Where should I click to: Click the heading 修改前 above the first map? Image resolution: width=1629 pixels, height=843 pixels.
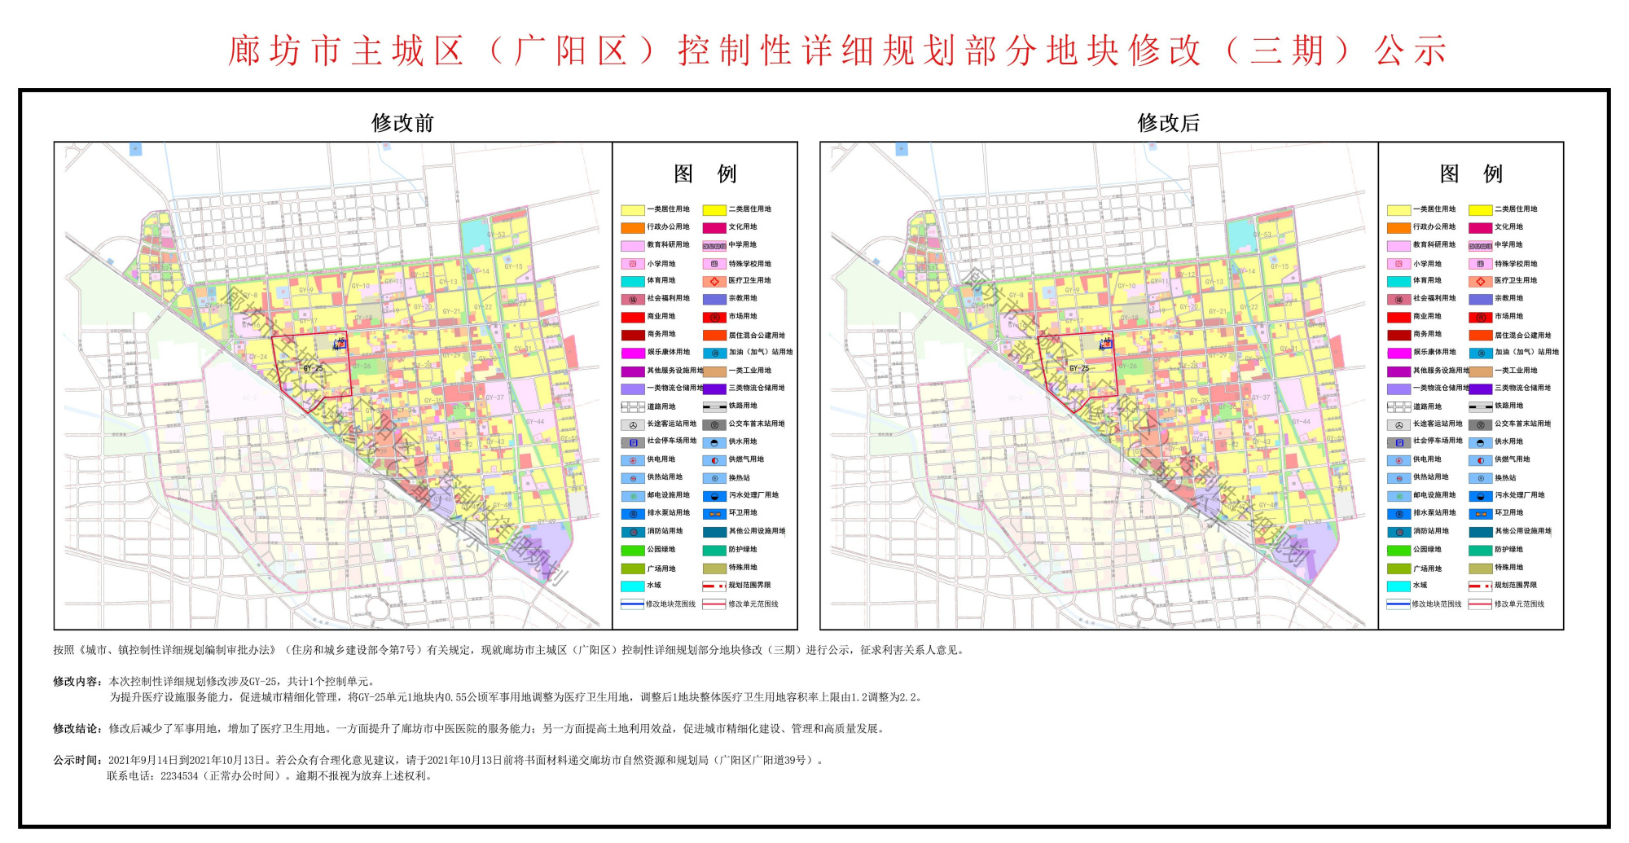click(402, 123)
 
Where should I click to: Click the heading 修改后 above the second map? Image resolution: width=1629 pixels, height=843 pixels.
click(1168, 123)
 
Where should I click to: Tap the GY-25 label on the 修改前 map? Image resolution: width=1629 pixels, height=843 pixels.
click(313, 368)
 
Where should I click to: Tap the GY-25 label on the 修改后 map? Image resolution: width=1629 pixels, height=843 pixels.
click(1079, 368)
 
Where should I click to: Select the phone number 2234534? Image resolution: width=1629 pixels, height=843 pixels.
click(179, 776)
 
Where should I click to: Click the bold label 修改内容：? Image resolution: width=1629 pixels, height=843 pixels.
click(78, 681)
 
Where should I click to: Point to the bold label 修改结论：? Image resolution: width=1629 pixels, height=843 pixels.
click(78, 729)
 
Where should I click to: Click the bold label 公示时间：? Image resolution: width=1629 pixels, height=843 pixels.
click(78, 760)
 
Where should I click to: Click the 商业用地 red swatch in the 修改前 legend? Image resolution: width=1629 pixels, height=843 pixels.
click(633, 317)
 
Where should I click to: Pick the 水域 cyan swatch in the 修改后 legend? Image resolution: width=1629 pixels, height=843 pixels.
click(1398, 586)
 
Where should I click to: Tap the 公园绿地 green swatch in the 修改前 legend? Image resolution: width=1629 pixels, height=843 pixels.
click(633, 550)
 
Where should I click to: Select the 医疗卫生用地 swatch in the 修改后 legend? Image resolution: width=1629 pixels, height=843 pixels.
click(1480, 281)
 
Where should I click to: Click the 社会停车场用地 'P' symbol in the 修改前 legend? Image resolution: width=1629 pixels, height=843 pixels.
click(633, 441)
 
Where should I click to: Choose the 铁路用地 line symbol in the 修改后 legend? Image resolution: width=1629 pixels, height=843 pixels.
click(1480, 406)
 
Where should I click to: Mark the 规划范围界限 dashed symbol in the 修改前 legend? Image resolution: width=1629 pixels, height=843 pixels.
click(714, 586)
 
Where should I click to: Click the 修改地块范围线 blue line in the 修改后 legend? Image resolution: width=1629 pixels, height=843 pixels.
click(1398, 604)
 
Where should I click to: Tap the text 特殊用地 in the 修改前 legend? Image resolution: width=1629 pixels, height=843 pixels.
click(743, 568)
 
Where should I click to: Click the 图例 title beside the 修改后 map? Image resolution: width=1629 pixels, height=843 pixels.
click(1471, 173)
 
